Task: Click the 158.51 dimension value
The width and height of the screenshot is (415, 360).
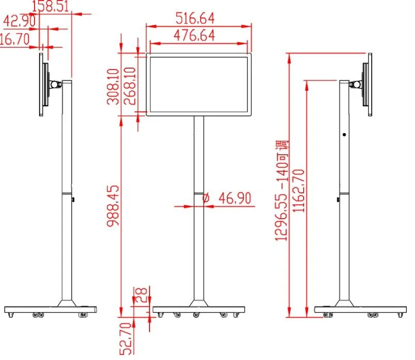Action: tap(53, 7)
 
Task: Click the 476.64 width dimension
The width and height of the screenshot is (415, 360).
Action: tap(195, 36)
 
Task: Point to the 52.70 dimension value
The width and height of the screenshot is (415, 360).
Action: tap(127, 338)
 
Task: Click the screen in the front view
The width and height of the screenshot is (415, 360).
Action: tap(198, 84)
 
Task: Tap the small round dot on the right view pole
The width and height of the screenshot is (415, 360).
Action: tap(344, 135)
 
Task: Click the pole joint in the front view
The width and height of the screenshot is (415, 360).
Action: tap(198, 193)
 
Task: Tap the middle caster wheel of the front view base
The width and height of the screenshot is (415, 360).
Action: tap(196, 315)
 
